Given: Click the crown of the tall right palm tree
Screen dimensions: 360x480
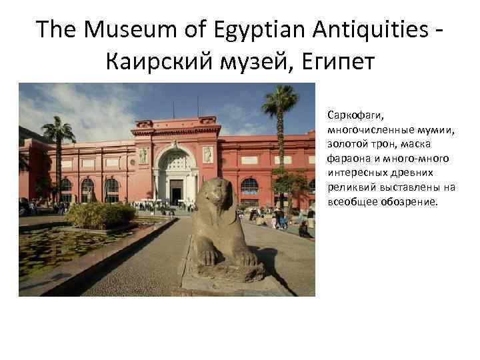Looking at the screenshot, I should (x=280, y=99).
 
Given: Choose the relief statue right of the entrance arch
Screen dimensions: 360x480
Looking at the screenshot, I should (x=207, y=155).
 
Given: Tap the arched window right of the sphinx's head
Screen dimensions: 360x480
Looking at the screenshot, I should (x=249, y=187).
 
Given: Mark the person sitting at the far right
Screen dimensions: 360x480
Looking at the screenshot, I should (x=305, y=230).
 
